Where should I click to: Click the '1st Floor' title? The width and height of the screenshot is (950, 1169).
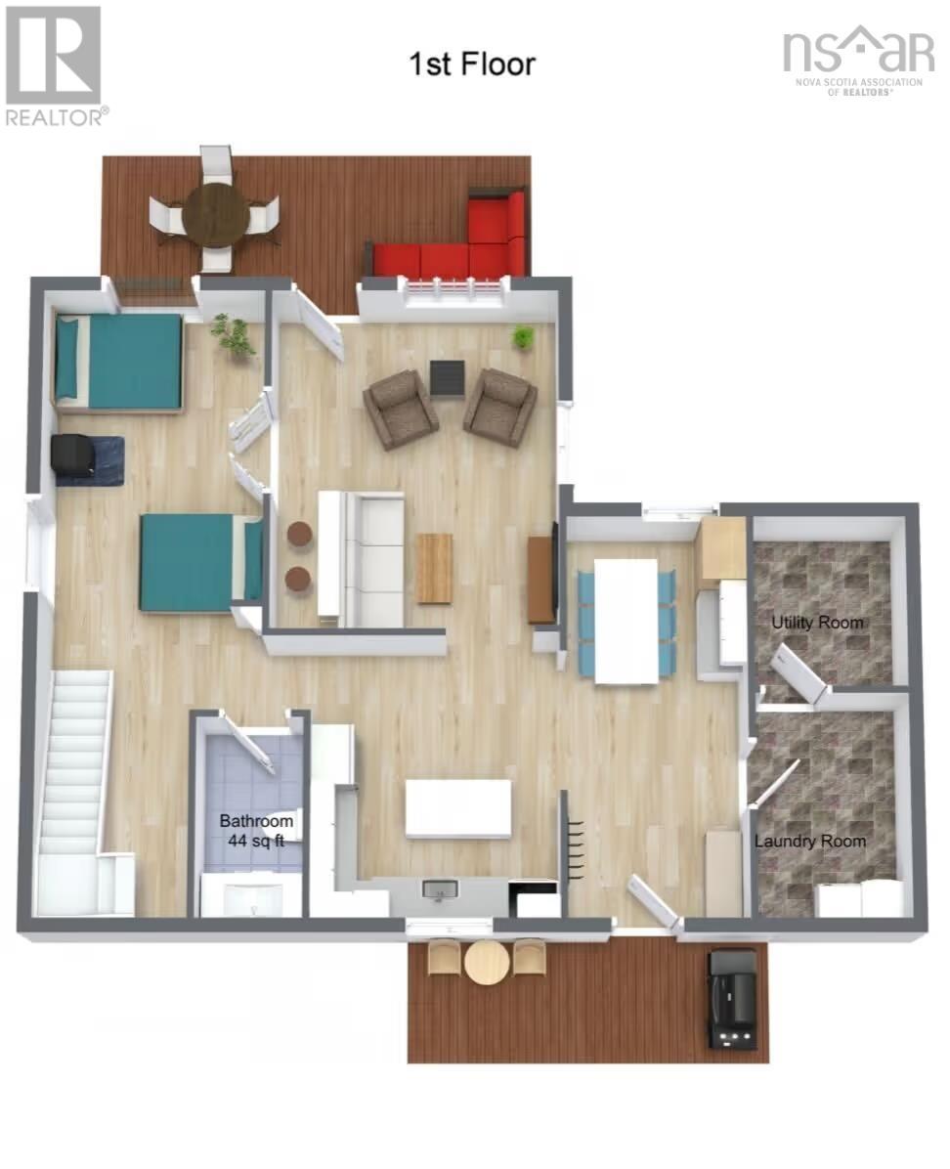click(472, 65)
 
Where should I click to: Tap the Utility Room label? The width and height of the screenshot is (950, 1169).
click(817, 622)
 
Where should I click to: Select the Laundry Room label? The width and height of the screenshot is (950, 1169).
click(810, 841)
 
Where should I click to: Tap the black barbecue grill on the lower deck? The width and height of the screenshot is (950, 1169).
click(732, 998)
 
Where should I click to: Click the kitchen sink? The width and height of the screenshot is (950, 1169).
click(441, 890)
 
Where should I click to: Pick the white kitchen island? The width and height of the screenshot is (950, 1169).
click(457, 809)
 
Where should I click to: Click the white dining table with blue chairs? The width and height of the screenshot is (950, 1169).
click(626, 621)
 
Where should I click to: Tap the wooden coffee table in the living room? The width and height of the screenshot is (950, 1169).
click(435, 568)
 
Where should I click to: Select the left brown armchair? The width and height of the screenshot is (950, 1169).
click(400, 408)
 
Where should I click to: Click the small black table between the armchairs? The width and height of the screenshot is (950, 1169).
click(449, 378)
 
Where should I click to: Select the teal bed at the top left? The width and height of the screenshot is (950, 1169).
click(118, 363)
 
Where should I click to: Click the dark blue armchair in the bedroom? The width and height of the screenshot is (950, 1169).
click(88, 460)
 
